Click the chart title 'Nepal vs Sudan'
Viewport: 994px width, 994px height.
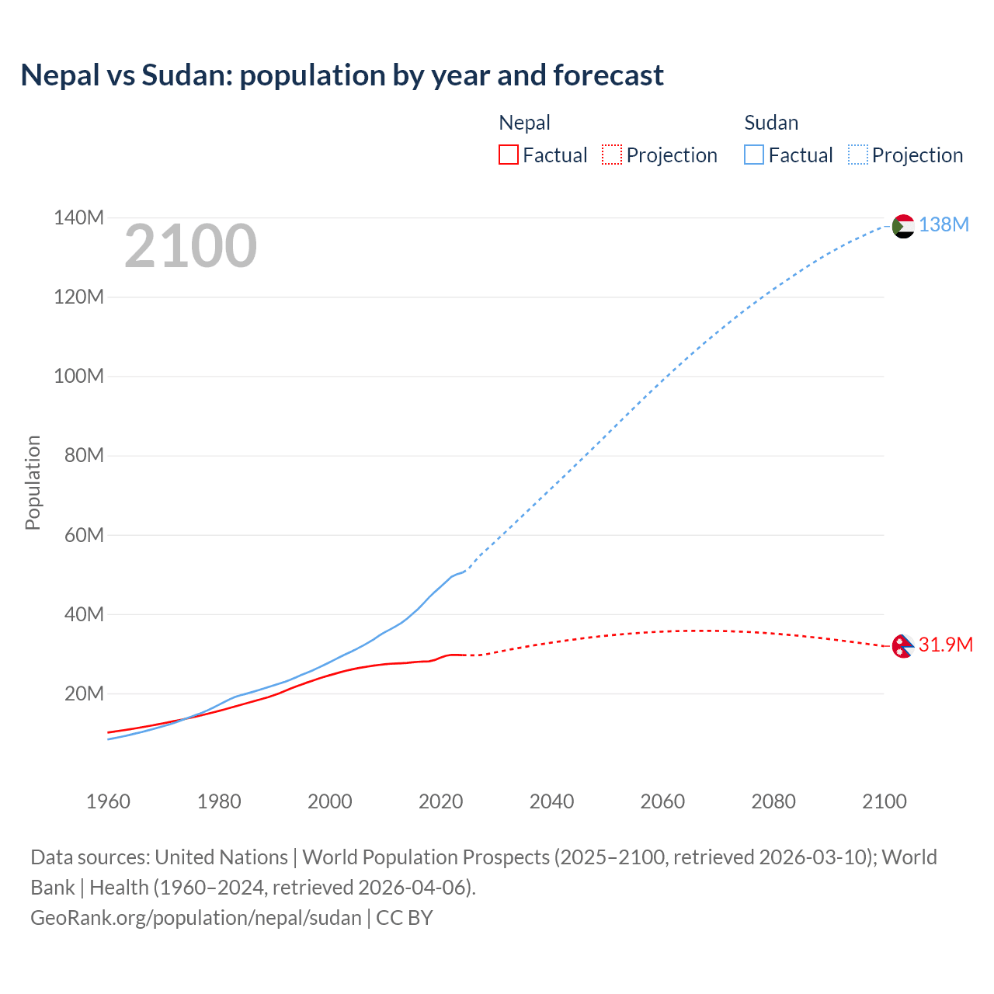click(x=342, y=75)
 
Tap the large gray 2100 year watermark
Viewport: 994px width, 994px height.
click(x=190, y=246)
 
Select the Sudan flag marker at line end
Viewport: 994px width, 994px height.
click(x=903, y=226)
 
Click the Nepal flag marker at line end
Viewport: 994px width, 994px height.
click(x=902, y=646)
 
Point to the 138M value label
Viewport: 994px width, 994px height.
click(x=944, y=225)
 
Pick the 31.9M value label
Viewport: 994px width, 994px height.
click(x=945, y=645)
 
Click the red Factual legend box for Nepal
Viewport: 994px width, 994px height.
click(x=509, y=155)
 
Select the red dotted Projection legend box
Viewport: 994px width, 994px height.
click(x=612, y=155)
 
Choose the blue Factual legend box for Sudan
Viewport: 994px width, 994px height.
click(x=754, y=155)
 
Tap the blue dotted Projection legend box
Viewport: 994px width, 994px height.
click(x=858, y=155)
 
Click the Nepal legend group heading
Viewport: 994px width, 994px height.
click(x=524, y=123)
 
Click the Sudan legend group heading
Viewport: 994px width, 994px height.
click(x=771, y=123)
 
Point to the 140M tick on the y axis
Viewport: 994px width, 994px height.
click(x=78, y=218)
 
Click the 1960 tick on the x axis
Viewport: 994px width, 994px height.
click(x=108, y=801)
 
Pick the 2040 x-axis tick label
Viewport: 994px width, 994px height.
click(x=551, y=801)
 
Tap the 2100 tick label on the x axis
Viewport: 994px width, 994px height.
click(x=884, y=801)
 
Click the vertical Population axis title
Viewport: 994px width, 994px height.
click(x=33, y=482)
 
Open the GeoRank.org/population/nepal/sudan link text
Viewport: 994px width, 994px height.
click(x=196, y=918)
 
